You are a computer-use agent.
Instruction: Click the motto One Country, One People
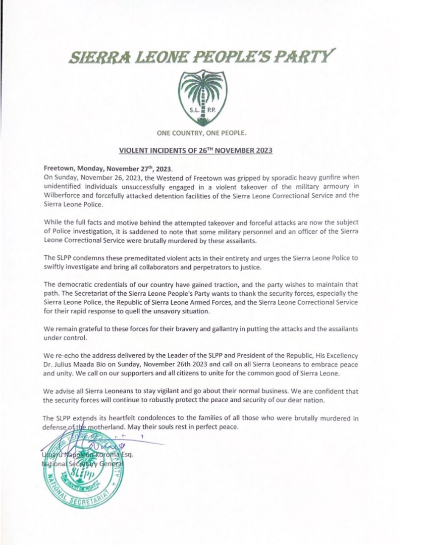(201, 133)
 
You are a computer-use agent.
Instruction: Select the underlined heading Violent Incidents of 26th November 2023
(196, 150)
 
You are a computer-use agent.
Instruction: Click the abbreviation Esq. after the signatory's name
(126, 455)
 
